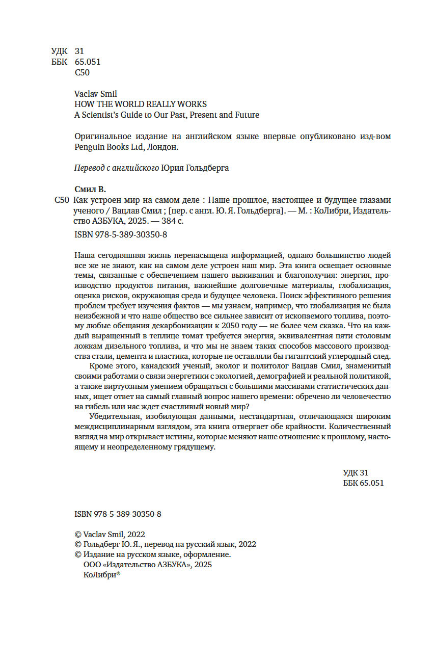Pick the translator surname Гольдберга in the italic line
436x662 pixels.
[x=206, y=169]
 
